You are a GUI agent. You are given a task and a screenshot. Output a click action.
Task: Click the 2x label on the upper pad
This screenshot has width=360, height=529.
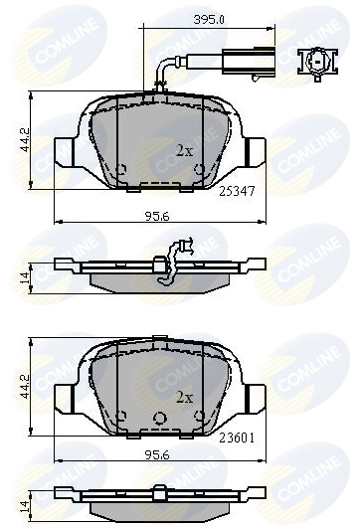click(183, 151)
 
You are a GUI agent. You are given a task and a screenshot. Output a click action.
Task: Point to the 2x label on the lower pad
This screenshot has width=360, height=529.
click(183, 397)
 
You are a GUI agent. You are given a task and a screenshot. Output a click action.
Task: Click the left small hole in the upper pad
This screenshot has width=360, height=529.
click(120, 168)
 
